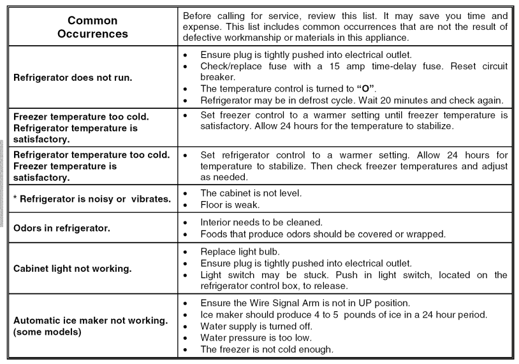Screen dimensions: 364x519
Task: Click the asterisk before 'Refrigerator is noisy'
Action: (x=16, y=199)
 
